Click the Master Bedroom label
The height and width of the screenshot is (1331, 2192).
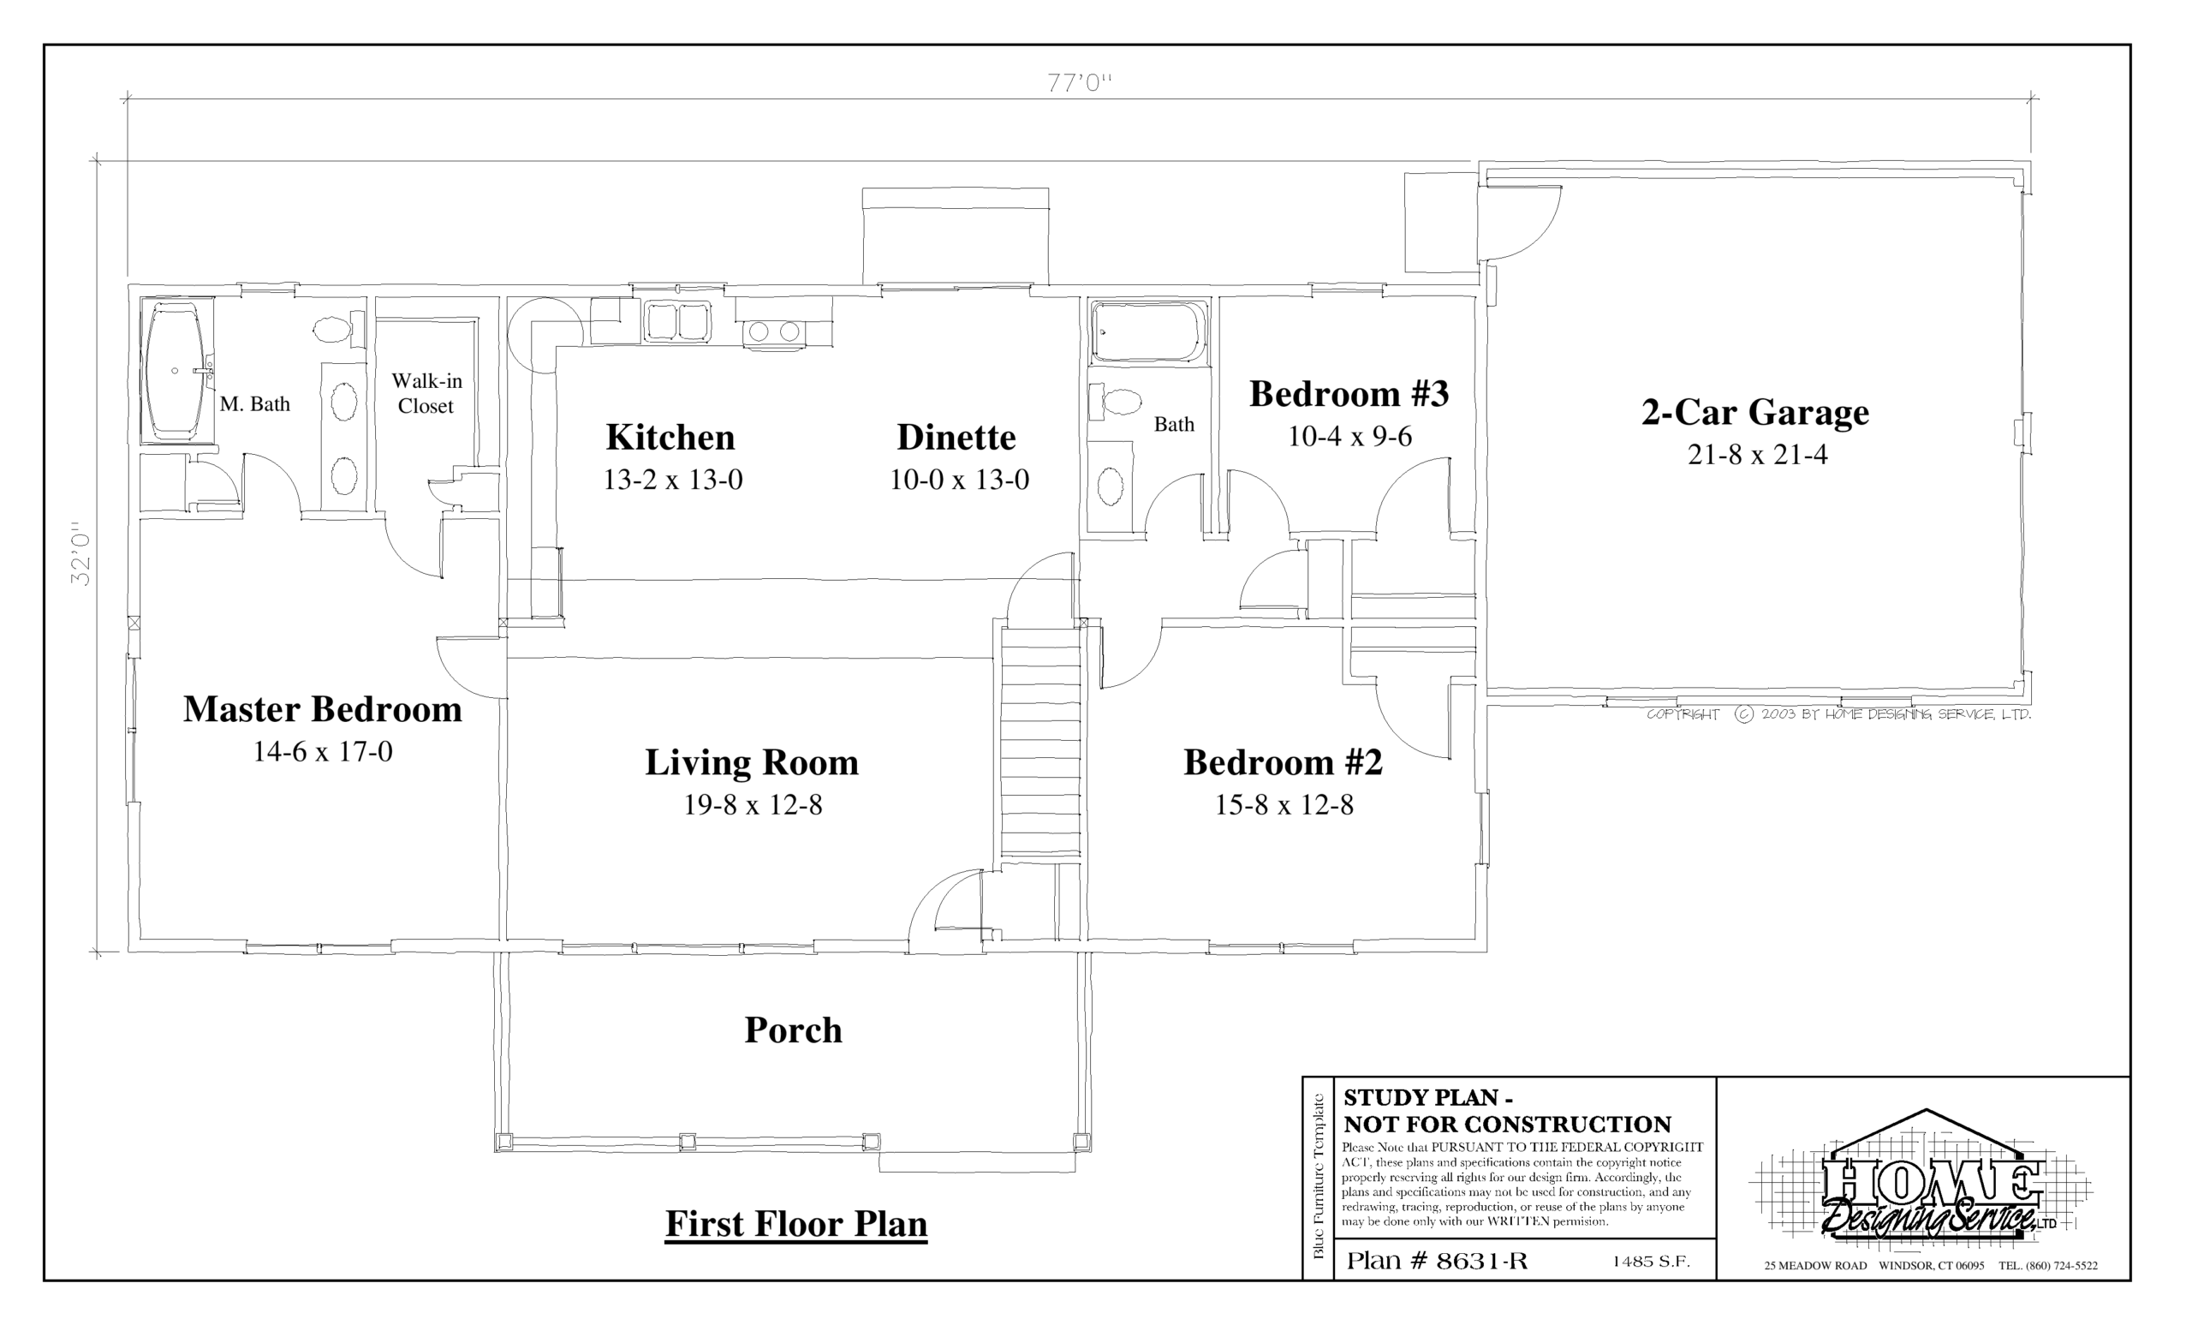click(322, 709)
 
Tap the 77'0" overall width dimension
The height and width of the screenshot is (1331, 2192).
click(1079, 84)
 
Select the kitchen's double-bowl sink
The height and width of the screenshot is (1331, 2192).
click(677, 320)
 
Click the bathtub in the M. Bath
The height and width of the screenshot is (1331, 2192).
click(176, 370)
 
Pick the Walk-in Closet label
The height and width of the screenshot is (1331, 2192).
click(426, 393)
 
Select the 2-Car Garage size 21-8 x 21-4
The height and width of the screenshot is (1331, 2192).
click(1757, 455)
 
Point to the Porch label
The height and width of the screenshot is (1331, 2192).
click(793, 1030)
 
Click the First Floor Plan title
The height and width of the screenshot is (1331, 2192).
click(796, 1223)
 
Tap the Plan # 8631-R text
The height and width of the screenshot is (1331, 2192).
click(1437, 1261)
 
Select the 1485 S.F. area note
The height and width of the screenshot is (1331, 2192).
click(1650, 1262)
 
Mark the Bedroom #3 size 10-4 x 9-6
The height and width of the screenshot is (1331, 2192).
click(1349, 436)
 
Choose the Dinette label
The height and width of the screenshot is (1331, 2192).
click(956, 437)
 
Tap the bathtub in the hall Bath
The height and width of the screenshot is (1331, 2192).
click(1147, 332)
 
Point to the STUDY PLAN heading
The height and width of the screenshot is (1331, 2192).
click(1429, 1097)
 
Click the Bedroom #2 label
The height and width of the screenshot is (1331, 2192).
click(1283, 762)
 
